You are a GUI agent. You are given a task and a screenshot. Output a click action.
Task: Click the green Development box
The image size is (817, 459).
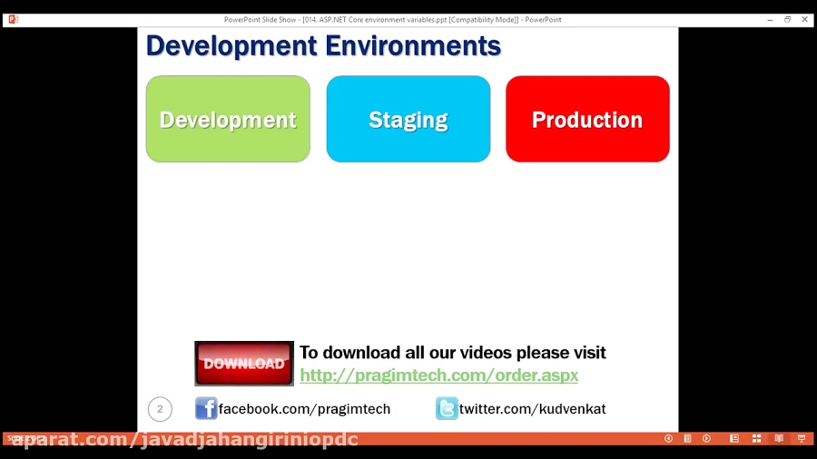click(x=228, y=120)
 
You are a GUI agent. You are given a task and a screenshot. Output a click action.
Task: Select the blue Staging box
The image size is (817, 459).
click(x=408, y=120)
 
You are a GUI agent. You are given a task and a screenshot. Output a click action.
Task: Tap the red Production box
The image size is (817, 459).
click(x=587, y=120)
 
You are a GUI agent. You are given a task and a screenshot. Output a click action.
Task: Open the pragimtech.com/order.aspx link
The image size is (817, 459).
click(x=438, y=375)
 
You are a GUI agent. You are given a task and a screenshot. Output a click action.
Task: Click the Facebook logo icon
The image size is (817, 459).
click(x=206, y=408)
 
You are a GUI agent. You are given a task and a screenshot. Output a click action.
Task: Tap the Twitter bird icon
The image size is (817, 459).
click(x=447, y=408)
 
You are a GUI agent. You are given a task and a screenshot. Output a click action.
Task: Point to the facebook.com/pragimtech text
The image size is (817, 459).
click(x=304, y=409)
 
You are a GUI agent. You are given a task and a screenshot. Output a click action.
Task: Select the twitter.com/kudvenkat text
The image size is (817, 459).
click(x=532, y=409)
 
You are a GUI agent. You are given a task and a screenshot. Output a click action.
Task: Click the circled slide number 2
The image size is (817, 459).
click(x=160, y=409)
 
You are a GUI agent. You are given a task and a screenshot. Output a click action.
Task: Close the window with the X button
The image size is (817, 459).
click(x=804, y=19)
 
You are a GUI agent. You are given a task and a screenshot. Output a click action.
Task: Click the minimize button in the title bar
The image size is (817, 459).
click(x=770, y=19)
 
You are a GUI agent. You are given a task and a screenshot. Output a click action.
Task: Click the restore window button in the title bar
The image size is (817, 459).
click(x=787, y=19)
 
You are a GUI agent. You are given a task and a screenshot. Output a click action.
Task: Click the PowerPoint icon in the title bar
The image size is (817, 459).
click(x=13, y=19)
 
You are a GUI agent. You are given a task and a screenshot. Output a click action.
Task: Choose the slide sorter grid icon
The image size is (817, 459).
click(x=756, y=439)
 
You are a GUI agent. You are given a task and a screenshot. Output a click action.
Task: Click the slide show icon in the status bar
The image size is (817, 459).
click(x=801, y=439)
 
